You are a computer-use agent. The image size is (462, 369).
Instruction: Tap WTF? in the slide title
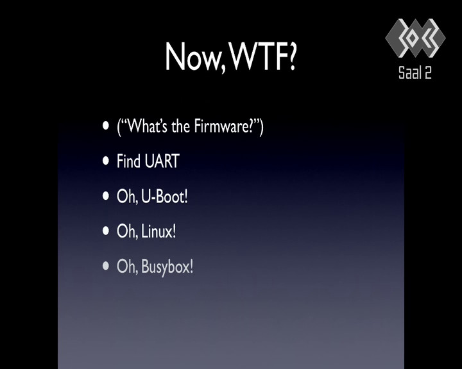point(262,56)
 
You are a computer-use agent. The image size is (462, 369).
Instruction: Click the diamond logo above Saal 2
point(415,38)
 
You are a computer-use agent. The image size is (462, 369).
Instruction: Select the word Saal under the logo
point(408,72)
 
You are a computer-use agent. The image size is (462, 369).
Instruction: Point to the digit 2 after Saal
point(428,72)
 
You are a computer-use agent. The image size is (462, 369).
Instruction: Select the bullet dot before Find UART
point(106,161)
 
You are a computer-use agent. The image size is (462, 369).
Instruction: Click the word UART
point(162,161)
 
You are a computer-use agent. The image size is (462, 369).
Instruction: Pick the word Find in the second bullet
point(128,161)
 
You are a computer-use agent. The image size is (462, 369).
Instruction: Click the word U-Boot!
point(164,196)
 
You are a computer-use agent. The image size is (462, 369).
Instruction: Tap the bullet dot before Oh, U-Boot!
point(106,195)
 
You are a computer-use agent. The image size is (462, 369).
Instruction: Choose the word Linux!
point(158,231)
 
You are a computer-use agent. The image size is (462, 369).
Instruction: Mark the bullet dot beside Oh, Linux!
point(106,231)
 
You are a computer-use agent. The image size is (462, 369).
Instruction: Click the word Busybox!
point(167,266)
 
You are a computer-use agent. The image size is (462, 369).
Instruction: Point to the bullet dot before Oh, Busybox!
point(106,266)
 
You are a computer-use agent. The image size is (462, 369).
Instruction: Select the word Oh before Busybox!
point(126,266)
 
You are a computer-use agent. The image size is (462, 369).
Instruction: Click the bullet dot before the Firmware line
point(106,126)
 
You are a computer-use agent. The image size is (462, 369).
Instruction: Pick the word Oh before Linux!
point(126,231)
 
